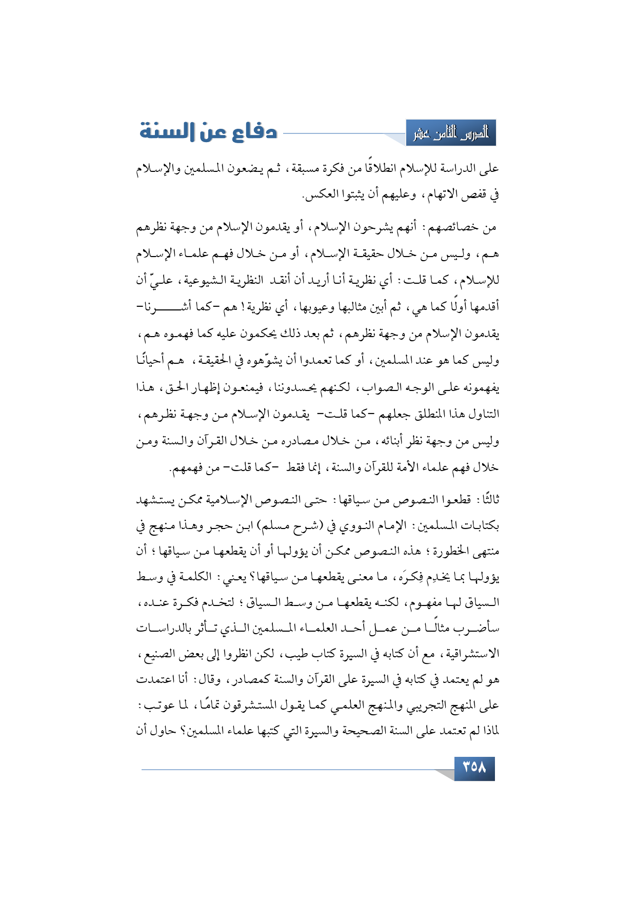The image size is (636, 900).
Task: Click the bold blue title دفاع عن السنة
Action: coord(209,132)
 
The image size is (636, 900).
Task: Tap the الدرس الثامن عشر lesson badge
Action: coord(451,133)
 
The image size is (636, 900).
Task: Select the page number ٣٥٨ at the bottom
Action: coord(474,768)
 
